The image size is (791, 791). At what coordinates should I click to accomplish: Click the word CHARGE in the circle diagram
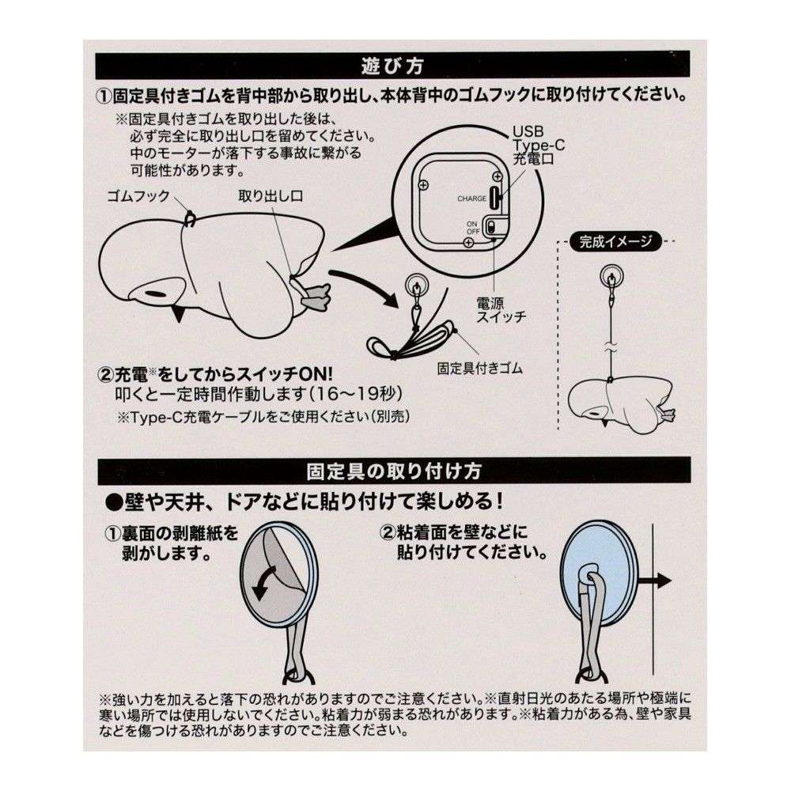tap(471, 199)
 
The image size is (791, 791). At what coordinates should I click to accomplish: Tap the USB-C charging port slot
tap(496, 198)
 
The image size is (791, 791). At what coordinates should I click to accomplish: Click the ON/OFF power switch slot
tap(493, 228)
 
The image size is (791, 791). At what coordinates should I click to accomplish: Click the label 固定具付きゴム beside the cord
tap(480, 368)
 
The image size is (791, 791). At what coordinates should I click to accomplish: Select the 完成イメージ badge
tap(613, 242)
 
